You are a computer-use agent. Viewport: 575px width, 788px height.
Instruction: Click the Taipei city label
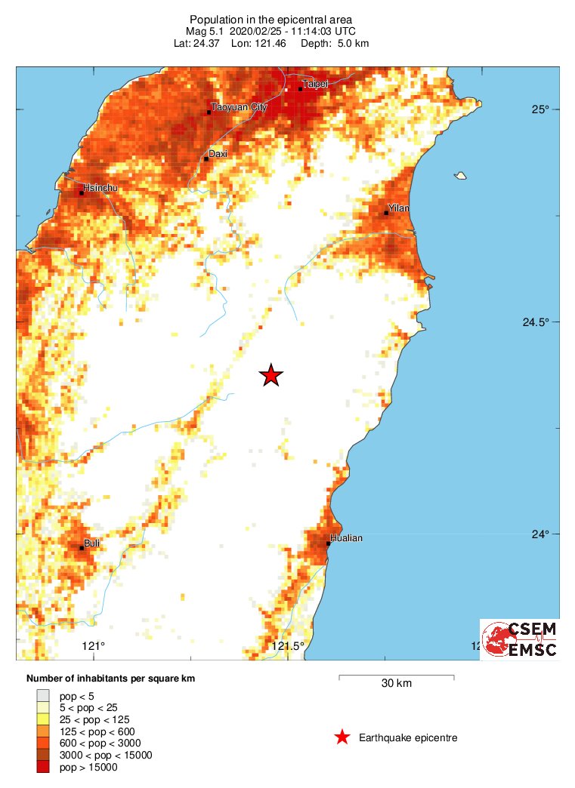315,84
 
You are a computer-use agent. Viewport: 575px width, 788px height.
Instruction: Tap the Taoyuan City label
240,108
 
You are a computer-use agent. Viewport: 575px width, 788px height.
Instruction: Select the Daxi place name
218,154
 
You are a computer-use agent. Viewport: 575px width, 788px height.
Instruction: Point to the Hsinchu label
100,187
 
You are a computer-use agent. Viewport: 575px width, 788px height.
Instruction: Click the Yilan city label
398,208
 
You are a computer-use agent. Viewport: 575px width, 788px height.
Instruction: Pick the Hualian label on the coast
347,538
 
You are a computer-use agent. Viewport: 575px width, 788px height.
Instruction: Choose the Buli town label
92,543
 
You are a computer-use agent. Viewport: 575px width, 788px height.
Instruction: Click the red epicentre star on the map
270,375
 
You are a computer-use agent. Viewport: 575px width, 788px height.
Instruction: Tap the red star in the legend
342,737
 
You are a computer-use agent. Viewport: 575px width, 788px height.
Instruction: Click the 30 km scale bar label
396,684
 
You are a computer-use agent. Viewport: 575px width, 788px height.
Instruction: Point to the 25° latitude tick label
539,109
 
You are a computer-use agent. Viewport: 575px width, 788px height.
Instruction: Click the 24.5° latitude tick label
543,322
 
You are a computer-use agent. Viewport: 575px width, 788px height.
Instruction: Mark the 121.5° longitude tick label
288,646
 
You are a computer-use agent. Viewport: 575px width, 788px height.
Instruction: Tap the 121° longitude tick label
93,646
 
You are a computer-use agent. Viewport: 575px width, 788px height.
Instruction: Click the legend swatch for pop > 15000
43,768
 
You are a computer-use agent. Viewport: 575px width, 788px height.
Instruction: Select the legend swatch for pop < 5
43,695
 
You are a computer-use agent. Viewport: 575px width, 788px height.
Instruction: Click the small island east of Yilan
459,176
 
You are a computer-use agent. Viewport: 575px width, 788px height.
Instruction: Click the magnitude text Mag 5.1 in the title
206,31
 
